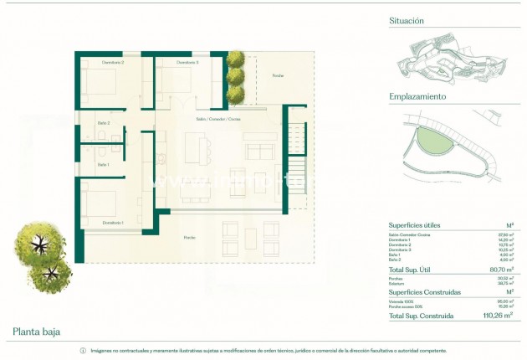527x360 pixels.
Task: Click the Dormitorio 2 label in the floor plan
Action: (x=113, y=63)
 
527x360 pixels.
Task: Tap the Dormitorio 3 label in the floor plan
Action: (x=187, y=63)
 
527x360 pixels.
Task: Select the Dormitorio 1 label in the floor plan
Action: (x=113, y=223)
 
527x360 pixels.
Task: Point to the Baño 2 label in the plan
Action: (x=103, y=125)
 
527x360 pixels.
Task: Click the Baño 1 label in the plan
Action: (x=103, y=164)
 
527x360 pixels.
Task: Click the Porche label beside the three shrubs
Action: (x=278, y=76)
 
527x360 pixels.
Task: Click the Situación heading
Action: (x=407, y=20)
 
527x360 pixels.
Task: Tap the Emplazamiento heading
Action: (x=417, y=96)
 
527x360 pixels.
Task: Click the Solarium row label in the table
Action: (x=397, y=283)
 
